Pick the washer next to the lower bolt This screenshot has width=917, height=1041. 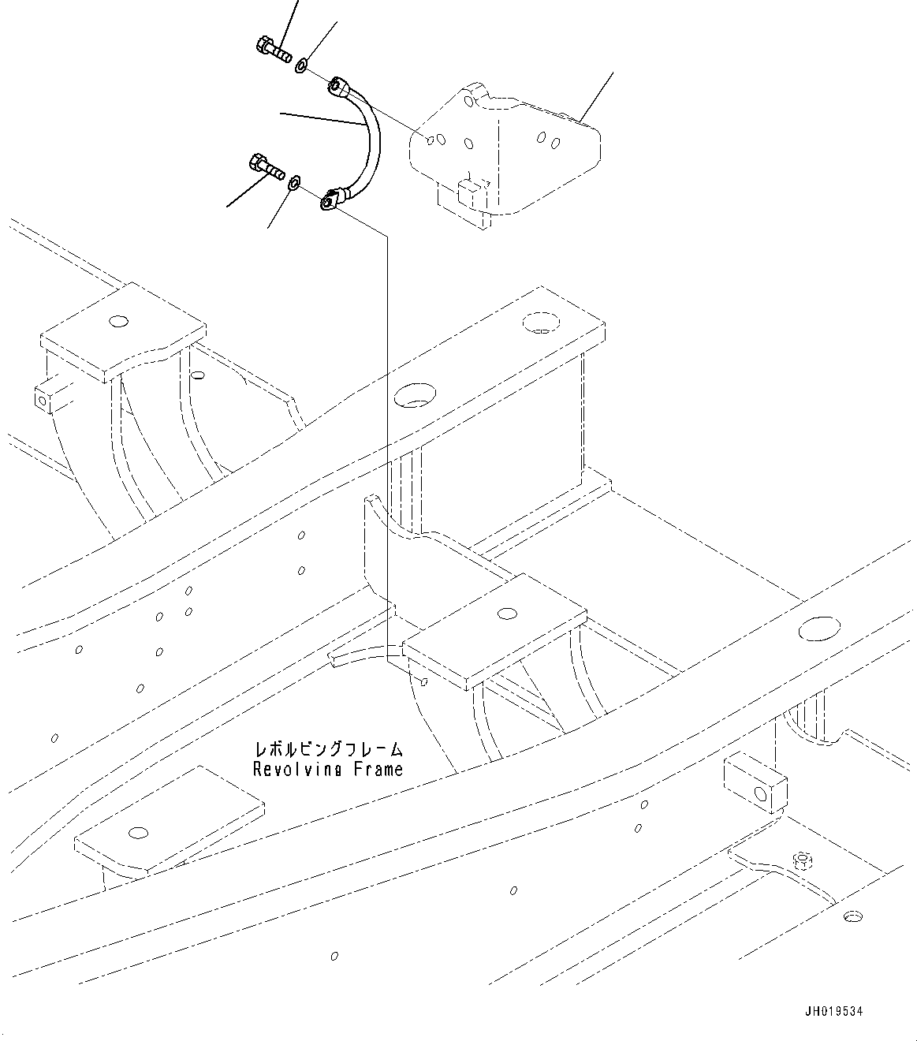pos(294,183)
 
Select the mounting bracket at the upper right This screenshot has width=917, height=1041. pos(505,150)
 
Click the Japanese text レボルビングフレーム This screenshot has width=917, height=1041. pos(327,748)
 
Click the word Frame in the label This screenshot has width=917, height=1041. pos(376,769)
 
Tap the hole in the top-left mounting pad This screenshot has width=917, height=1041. pos(118,321)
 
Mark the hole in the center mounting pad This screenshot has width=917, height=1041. pos(508,612)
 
